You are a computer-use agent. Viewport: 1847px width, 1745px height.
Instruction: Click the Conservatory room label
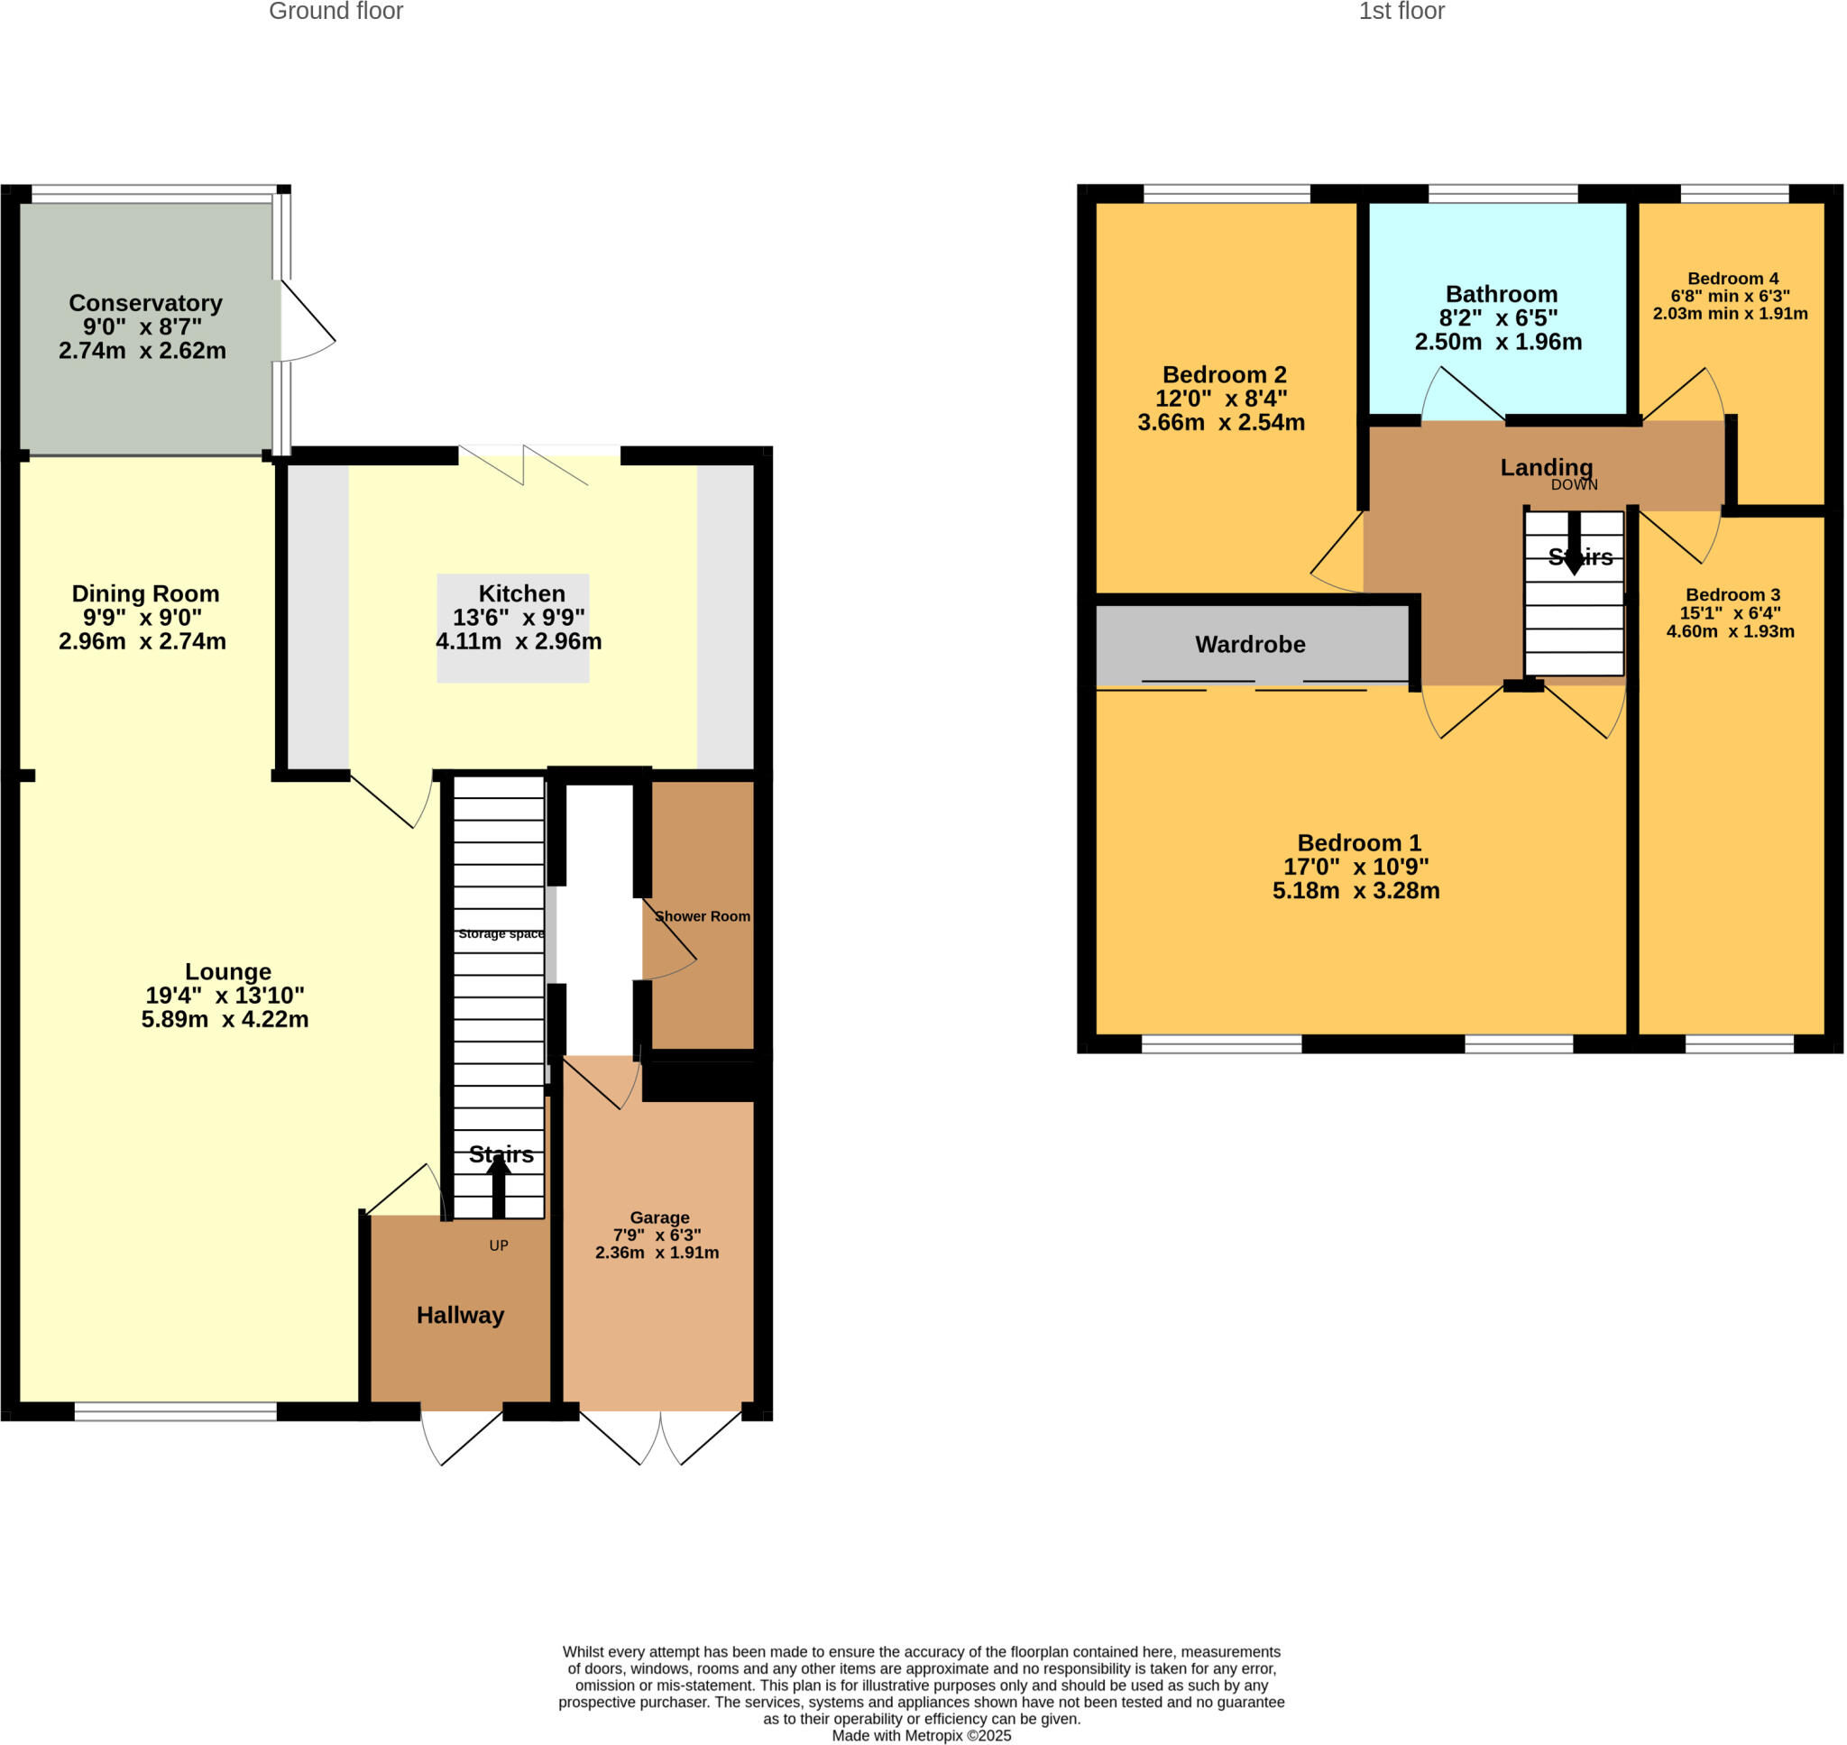(145, 303)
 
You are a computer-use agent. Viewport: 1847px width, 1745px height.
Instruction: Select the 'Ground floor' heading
(335, 11)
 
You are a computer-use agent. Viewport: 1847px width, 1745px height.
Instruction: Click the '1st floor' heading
(1401, 11)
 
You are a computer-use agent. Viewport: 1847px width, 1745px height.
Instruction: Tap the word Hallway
(459, 1314)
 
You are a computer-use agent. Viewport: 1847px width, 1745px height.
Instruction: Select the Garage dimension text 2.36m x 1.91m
(657, 1252)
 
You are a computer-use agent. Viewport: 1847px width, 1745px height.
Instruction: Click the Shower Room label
(703, 916)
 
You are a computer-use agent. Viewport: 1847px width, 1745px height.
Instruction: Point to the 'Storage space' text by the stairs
(501, 934)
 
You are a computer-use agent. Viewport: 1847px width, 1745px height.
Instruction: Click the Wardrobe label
(1249, 644)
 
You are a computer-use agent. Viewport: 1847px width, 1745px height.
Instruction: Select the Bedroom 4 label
(1732, 278)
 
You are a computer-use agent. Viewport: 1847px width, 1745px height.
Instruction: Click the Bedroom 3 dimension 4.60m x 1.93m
(1730, 630)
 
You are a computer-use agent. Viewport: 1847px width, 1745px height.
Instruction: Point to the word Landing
(1546, 467)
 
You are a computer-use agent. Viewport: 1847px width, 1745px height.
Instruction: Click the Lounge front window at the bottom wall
(175, 1411)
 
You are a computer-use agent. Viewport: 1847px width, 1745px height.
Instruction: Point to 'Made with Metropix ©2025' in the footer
(921, 1736)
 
